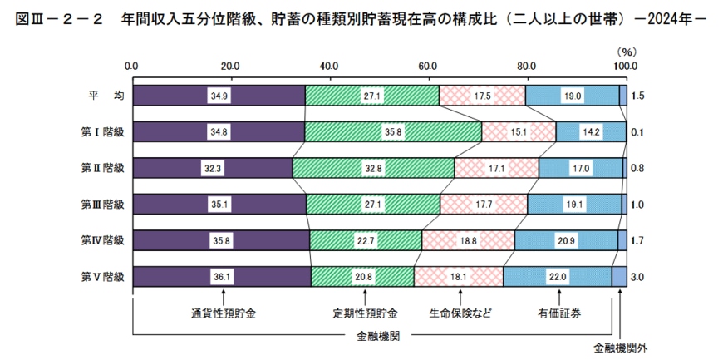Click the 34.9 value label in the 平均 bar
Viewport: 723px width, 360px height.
point(219,96)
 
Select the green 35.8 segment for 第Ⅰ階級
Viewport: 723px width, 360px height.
point(392,132)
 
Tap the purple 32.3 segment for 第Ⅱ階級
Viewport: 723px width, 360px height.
point(212,169)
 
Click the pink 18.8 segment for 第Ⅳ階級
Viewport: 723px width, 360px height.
point(468,240)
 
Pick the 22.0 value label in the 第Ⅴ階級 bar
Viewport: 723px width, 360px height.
point(557,277)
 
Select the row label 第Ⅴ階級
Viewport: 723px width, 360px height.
point(101,277)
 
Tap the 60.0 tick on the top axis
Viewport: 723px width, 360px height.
point(428,66)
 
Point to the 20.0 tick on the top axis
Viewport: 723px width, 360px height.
point(230,66)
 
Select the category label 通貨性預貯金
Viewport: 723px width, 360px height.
point(224,313)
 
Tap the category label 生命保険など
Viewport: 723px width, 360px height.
point(460,313)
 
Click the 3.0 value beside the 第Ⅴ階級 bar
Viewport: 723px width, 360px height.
point(638,277)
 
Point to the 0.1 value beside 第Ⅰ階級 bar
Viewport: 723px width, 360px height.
point(638,132)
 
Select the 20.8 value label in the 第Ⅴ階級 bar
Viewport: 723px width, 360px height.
point(362,277)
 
